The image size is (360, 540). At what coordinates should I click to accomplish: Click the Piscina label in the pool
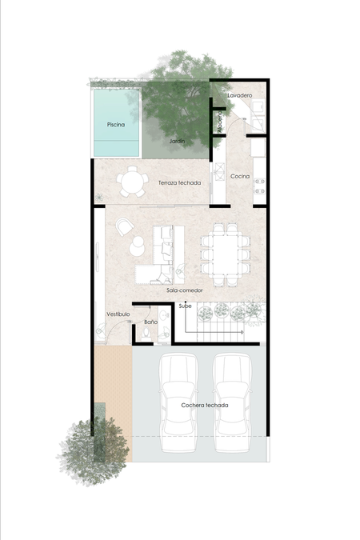coord(116,125)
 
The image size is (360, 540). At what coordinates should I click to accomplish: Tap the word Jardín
coord(177,141)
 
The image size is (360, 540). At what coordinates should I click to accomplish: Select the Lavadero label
coord(240,95)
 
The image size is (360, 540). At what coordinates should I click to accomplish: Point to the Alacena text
coord(220,122)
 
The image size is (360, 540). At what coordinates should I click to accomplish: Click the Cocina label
coord(240,176)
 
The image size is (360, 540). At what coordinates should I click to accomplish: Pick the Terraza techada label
coord(179,183)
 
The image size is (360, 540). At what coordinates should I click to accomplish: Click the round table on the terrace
coord(132,182)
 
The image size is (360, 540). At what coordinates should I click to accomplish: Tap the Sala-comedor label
coord(185,290)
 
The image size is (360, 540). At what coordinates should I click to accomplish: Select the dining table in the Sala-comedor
coord(226,254)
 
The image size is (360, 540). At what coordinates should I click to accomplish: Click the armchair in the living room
coord(124,226)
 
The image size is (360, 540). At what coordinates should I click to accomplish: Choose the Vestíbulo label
coord(118,314)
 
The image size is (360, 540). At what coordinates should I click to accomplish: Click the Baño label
coord(151,322)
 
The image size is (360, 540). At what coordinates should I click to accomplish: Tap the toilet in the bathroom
coord(146,334)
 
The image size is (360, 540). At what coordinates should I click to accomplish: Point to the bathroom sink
coord(163,314)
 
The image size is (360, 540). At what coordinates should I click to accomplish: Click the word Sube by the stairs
coord(185,306)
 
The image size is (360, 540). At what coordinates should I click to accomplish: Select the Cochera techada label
coord(205,406)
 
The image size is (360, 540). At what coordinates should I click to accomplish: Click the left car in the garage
coord(178,402)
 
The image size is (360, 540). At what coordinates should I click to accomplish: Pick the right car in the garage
coord(232,402)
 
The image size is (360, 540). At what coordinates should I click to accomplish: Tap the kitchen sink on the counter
coord(219,171)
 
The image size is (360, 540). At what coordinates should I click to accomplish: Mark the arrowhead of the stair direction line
coord(242,332)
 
